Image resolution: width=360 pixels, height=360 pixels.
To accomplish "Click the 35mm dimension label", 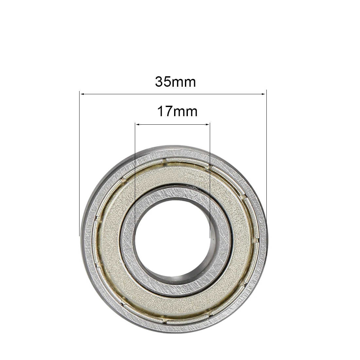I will pyautogui.click(x=175, y=82).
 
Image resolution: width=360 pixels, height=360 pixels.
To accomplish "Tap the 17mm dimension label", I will pyautogui.click(x=177, y=112).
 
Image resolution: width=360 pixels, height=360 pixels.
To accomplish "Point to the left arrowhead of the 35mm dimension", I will pyautogui.click(x=82, y=94).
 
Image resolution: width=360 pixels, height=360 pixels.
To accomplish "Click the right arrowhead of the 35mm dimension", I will pyautogui.click(x=264, y=94).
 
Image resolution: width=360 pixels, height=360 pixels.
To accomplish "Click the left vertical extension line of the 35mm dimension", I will pyautogui.click(x=80, y=164).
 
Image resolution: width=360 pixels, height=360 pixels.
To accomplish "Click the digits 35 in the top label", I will pyautogui.click(x=163, y=82).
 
